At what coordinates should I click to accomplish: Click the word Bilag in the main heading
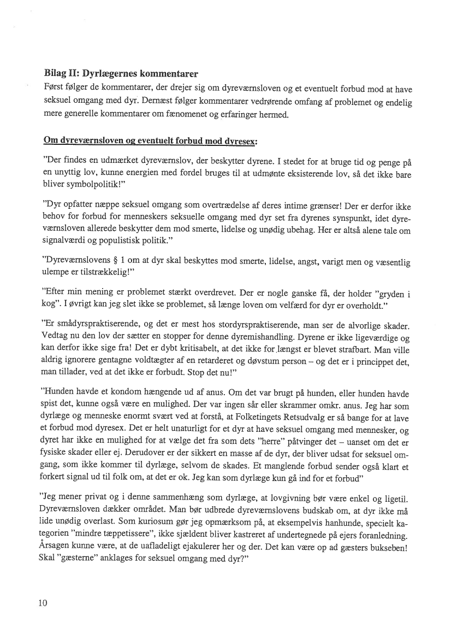55,73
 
